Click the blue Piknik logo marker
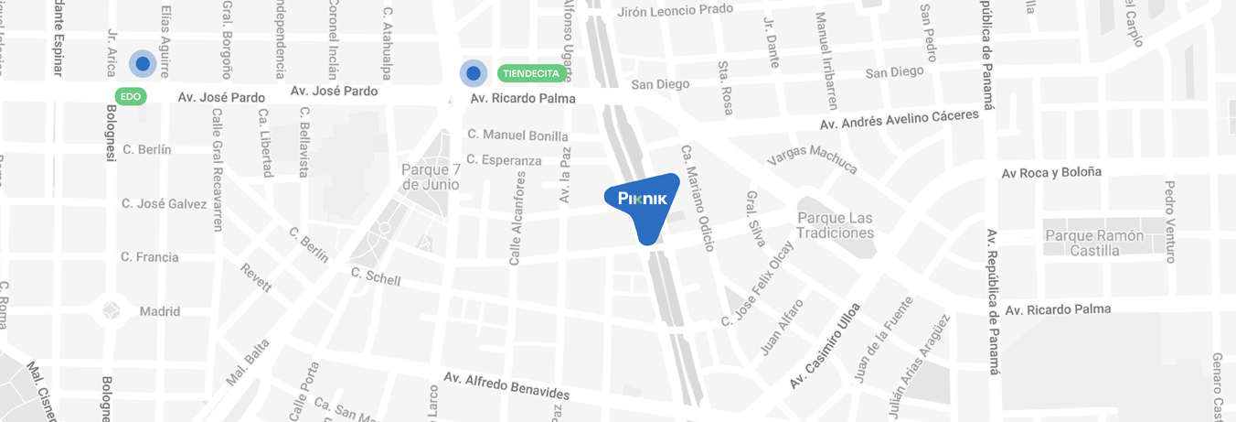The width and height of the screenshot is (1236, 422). point(644,202)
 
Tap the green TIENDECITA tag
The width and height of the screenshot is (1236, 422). point(531,72)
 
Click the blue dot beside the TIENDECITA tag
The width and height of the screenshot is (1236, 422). point(473,72)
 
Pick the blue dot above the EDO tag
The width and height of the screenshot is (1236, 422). point(143,63)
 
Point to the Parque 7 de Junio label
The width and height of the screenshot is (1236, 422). point(430,177)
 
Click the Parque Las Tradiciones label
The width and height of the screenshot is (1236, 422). point(835,225)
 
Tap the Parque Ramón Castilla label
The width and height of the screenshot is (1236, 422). point(1093,243)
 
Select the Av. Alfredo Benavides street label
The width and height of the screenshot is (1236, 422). point(506,385)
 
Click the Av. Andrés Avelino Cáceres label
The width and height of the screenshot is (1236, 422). point(899,120)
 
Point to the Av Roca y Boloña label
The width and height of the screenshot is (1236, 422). point(1051,172)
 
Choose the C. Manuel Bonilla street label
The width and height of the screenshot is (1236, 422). point(517,135)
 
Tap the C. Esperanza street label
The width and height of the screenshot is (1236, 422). point(504,160)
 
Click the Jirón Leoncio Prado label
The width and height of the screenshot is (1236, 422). point(676,10)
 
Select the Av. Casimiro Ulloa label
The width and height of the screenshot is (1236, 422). point(826,346)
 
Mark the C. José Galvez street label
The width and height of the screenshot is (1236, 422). point(164,203)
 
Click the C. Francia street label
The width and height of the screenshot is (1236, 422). point(150,257)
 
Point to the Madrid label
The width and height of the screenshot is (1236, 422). point(159,311)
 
